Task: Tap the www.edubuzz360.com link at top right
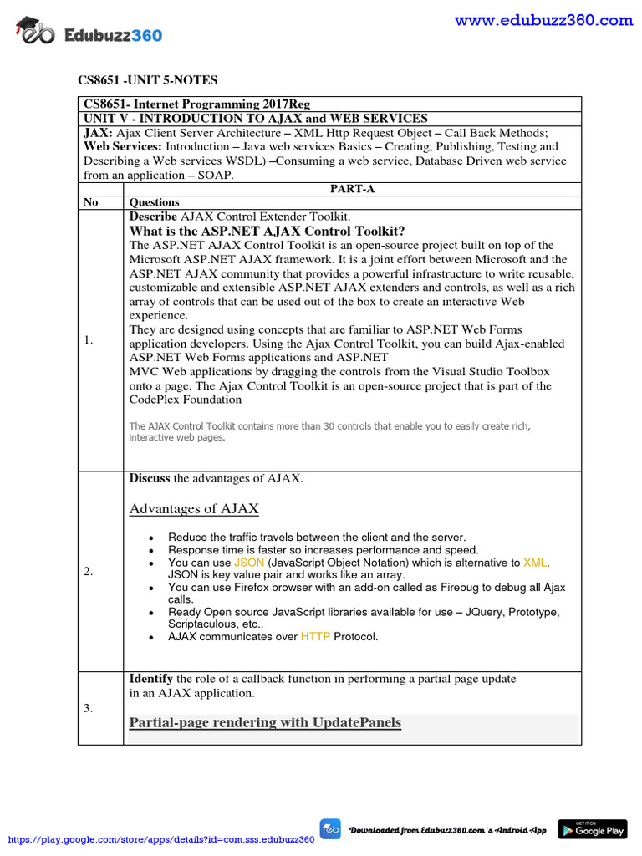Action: point(543,20)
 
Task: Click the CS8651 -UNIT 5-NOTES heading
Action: point(147,80)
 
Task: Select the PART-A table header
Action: point(352,189)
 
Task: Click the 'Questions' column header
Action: point(154,202)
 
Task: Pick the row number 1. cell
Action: point(89,340)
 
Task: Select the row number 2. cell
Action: point(89,572)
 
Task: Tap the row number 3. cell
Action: point(89,708)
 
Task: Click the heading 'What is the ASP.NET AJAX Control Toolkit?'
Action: point(267,231)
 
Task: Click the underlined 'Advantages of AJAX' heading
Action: point(194,508)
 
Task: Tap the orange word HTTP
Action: point(315,636)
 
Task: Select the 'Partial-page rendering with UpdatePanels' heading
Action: point(265,722)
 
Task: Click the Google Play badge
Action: point(592,829)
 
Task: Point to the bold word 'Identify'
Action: point(150,678)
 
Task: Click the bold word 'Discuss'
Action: point(150,478)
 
